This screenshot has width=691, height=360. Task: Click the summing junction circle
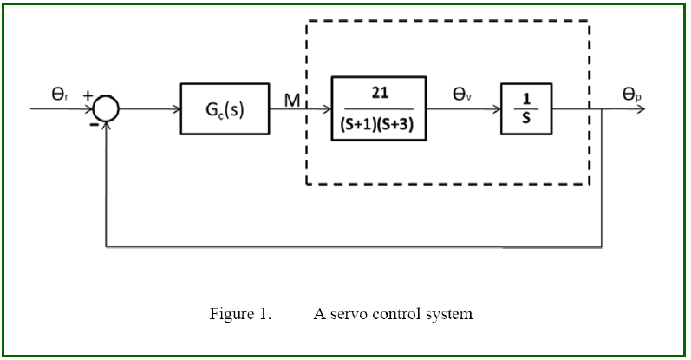pyautogui.click(x=106, y=110)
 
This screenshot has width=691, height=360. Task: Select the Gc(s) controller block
pyautogui.click(x=224, y=109)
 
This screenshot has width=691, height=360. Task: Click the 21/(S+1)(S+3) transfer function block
pyautogui.click(x=378, y=109)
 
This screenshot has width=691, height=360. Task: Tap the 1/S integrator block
pyautogui.click(x=525, y=109)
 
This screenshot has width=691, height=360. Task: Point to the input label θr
pyautogui.click(x=58, y=93)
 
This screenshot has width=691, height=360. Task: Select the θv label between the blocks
pyautogui.click(x=462, y=94)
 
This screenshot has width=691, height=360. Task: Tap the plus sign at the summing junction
pyautogui.click(x=88, y=95)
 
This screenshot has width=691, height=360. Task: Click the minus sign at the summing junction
pyautogui.click(x=92, y=124)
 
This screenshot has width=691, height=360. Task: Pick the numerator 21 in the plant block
pyautogui.click(x=378, y=94)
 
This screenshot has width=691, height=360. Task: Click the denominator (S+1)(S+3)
pyautogui.click(x=378, y=123)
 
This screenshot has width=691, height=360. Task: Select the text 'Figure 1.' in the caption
pyautogui.click(x=240, y=314)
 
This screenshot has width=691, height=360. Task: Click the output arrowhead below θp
pyautogui.click(x=642, y=110)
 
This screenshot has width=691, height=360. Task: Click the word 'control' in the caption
pyautogui.click(x=396, y=314)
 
